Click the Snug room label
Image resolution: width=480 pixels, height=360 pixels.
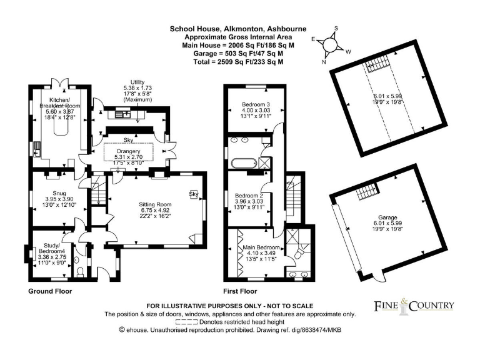[x=59, y=193]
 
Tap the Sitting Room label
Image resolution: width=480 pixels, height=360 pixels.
[x=155, y=204]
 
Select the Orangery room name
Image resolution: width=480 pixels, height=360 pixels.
[x=128, y=151]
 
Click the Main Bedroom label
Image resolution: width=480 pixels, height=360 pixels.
[x=261, y=247]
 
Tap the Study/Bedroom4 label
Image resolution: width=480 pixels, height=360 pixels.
[x=52, y=248]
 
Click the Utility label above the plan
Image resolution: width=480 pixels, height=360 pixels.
[x=137, y=82]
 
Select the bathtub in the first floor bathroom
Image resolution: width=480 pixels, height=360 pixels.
[x=244, y=163]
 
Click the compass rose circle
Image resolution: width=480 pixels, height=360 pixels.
[x=329, y=45]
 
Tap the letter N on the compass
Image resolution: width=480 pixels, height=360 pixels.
[x=324, y=62]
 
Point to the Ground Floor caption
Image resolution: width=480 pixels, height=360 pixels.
[x=50, y=291]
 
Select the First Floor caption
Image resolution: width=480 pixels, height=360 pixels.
[x=240, y=291]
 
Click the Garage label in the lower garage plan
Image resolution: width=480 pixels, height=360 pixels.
[x=387, y=217]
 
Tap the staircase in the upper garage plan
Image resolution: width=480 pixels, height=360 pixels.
[x=377, y=64]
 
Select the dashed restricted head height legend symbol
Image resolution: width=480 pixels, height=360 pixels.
[x=186, y=322]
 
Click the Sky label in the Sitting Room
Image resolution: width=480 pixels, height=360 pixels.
[x=194, y=194]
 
